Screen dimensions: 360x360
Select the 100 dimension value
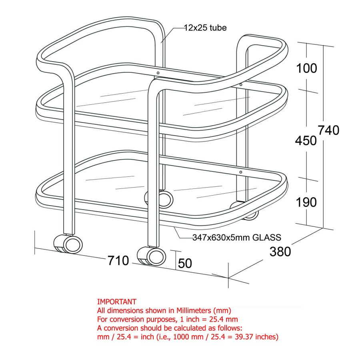[306, 68]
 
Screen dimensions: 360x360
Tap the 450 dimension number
[306, 140]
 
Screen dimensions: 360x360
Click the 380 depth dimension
[280, 252]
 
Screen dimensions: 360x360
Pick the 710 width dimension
[118, 261]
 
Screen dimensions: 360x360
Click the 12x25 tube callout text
[205, 28]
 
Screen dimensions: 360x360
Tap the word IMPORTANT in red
[117, 302]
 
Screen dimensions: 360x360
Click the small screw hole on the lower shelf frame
[240, 172]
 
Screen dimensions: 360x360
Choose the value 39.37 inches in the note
[255, 337]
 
